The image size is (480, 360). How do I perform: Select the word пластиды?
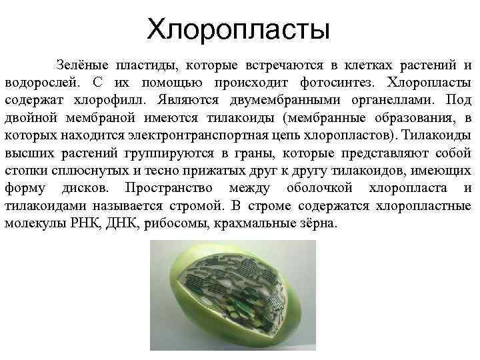pyautogui.click(x=145, y=65)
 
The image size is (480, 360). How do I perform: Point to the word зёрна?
pyautogui.click(x=317, y=222)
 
